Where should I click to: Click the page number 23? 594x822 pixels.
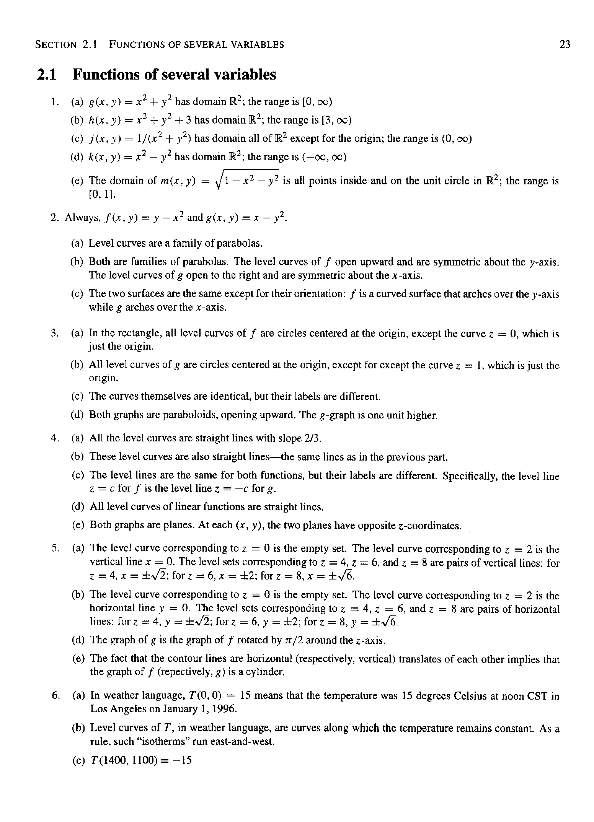pyautogui.click(x=565, y=45)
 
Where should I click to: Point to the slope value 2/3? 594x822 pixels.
pyautogui.click(x=312, y=438)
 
